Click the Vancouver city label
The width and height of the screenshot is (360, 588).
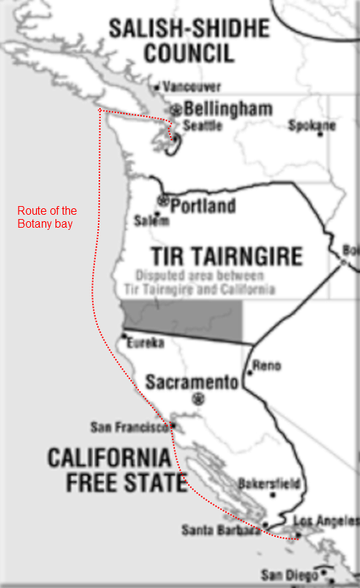click(192, 86)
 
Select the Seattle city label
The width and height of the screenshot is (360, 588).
click(202, 125)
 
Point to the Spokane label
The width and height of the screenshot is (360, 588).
click(312, 125)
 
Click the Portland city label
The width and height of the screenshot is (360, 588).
click(203, 205)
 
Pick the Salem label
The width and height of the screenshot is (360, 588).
click(151, 222)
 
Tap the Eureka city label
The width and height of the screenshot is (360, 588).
click(145, 344)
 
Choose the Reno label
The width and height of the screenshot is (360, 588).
click(266, 365)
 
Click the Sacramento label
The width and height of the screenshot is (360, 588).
click(192, 382)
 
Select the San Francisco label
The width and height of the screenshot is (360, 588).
click(130, 427)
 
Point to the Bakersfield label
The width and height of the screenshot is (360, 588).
click(269, 484)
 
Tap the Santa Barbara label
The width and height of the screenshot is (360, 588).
click(220, 530)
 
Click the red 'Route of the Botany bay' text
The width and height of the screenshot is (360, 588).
click(47, 217)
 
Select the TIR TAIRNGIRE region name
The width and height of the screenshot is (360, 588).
click(226, 256)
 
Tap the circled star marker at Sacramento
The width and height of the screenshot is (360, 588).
click(199, 398)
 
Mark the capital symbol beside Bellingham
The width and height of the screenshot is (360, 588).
click(176, 110)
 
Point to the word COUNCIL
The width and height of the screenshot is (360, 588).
click(189, 53)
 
